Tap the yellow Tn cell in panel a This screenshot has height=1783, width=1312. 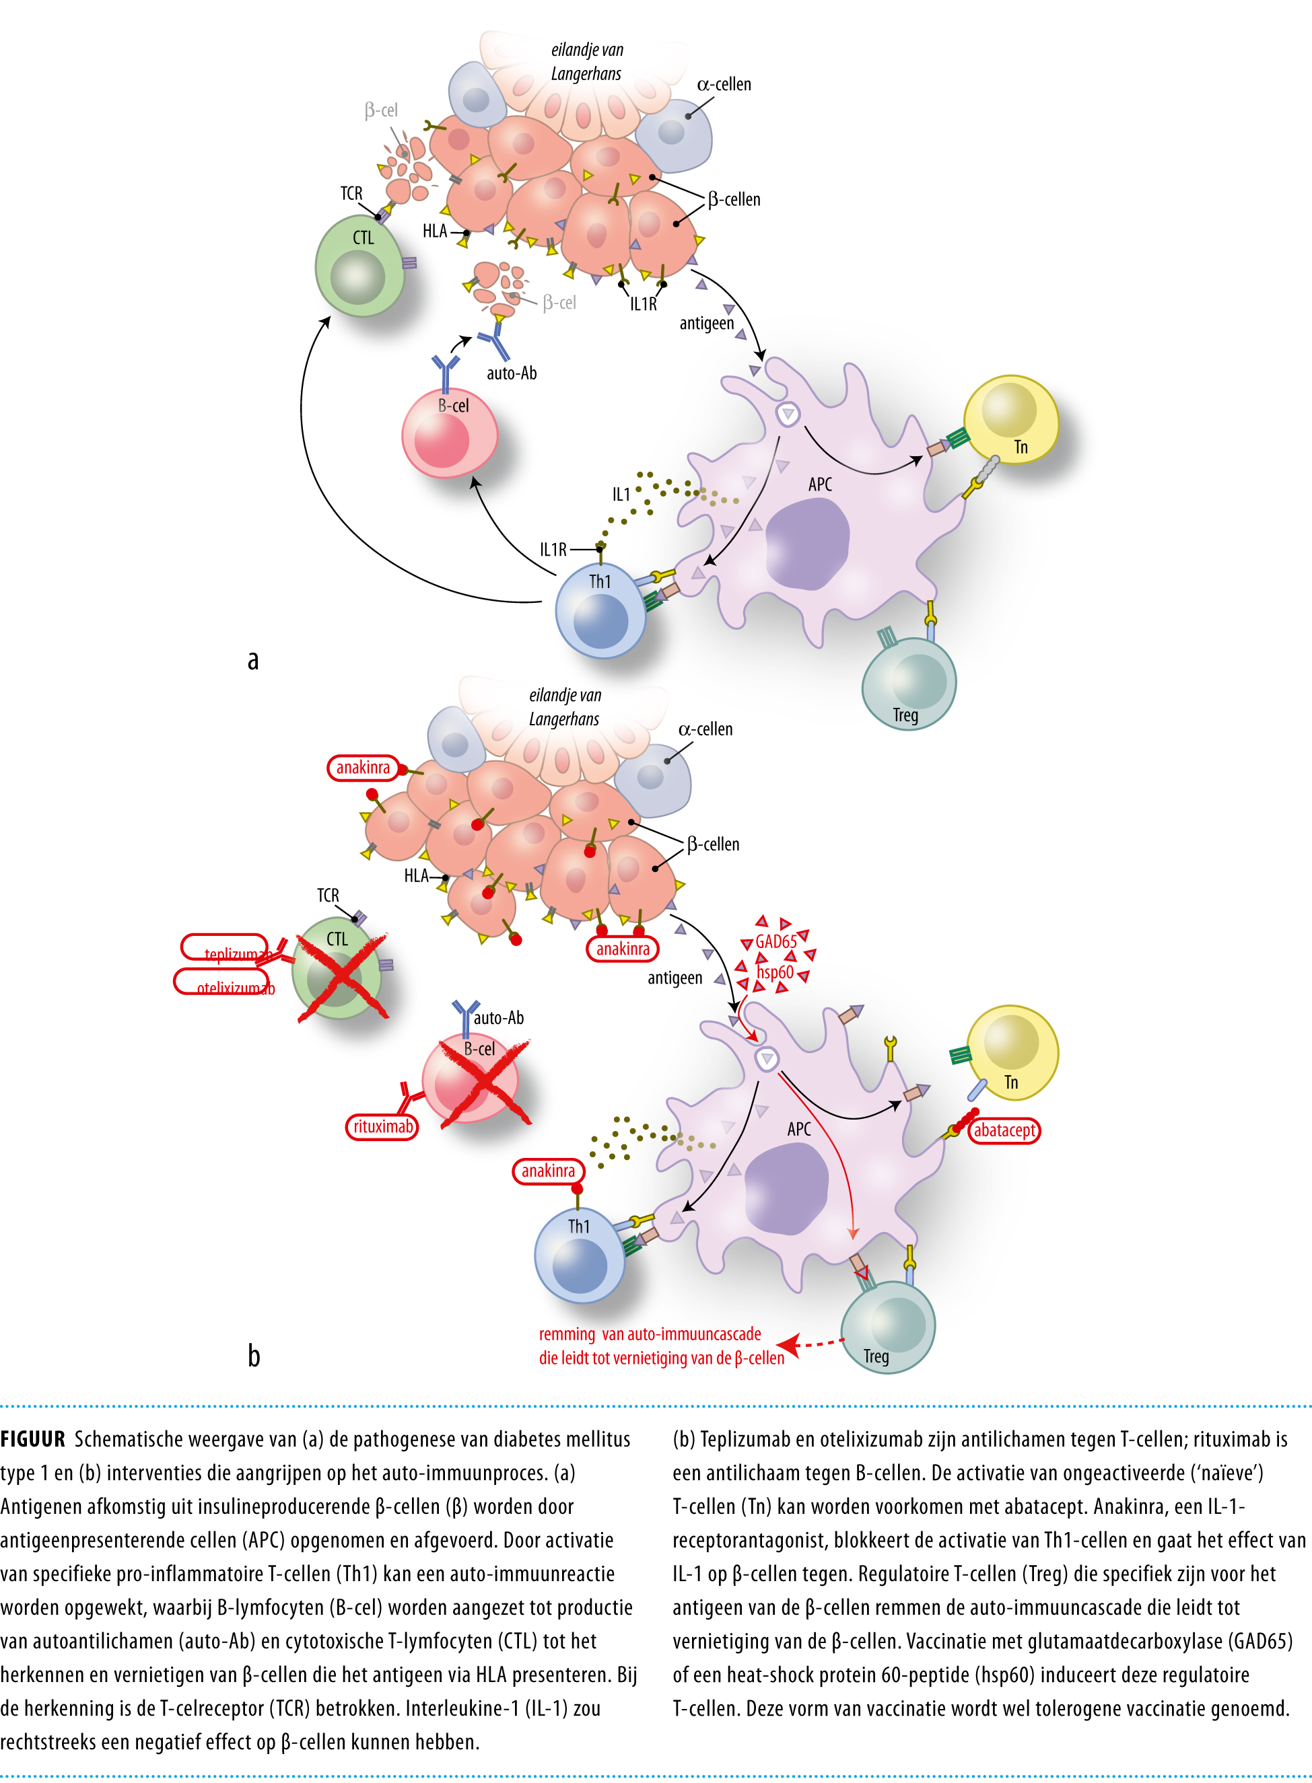1010,419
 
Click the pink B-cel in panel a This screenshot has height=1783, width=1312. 449,433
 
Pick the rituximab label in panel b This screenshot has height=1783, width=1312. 382,1126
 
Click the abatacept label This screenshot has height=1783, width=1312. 1004,1130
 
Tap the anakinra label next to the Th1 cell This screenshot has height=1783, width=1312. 548,1171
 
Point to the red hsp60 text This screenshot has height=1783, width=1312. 774,972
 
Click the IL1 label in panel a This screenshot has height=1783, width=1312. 620,495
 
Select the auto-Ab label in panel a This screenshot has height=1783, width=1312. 512,373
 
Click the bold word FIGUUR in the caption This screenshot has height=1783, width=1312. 32,1439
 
